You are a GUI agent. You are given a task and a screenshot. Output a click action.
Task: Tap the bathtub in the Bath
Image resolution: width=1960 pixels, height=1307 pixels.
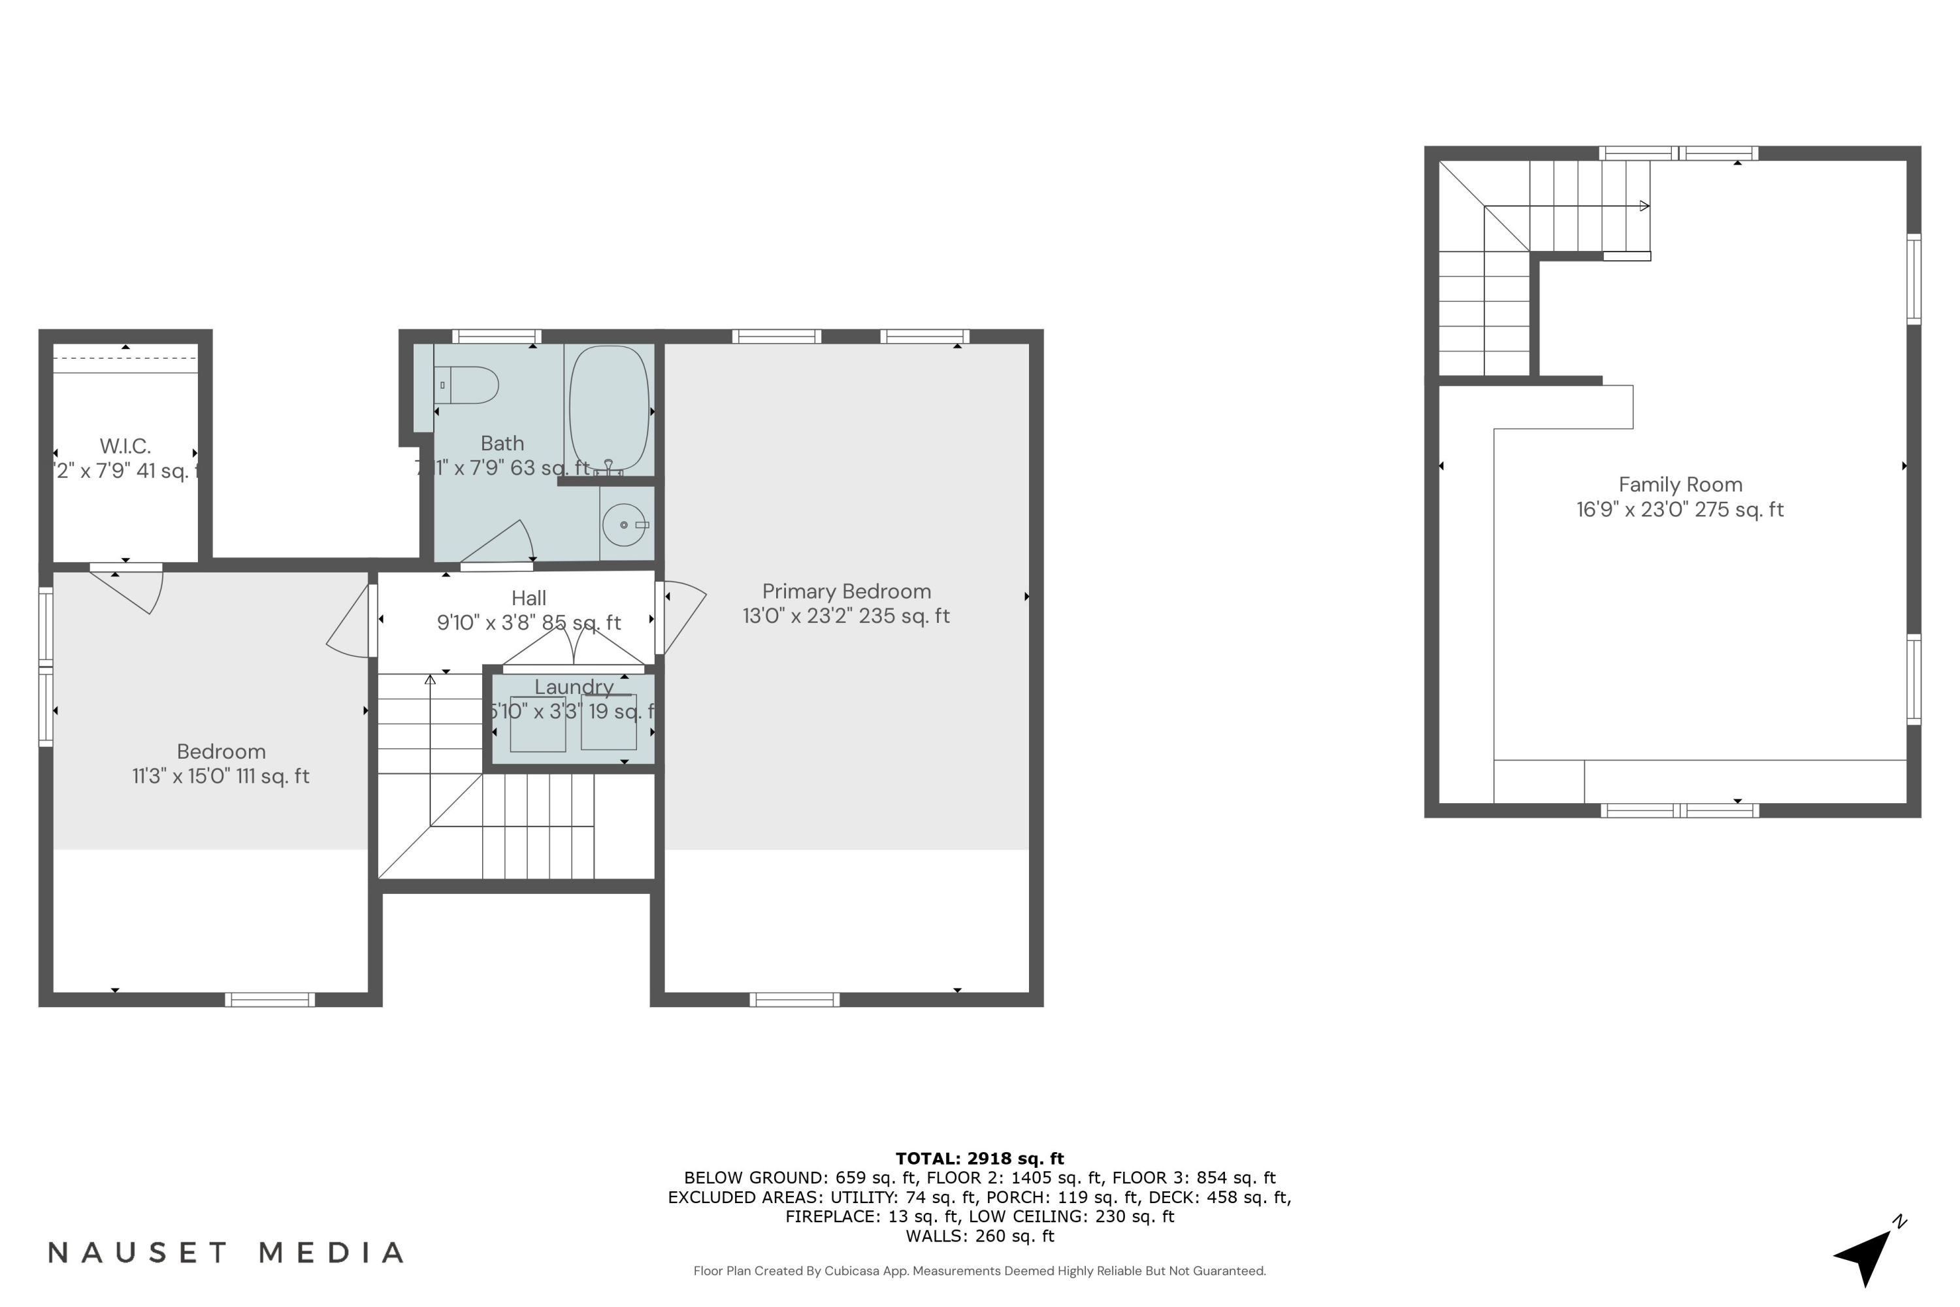[609, 409]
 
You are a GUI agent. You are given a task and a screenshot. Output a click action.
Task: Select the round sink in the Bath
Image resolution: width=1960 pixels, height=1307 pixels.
[623, 524]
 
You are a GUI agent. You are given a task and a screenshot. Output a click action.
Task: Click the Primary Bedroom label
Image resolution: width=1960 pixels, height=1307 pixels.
[846, 592]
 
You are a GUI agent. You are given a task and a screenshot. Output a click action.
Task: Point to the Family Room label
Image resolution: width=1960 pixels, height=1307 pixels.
[1680, 485]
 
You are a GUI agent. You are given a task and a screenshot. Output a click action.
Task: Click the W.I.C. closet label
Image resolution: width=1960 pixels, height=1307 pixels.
[125, 446]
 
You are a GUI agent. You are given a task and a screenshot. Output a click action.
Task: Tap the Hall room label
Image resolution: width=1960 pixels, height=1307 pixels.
[529, 599]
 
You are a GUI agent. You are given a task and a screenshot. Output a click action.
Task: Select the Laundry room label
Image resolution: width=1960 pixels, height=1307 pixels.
[574, 687]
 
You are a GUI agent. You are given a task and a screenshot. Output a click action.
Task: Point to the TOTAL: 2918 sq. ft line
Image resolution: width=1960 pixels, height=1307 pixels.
[979, 1159]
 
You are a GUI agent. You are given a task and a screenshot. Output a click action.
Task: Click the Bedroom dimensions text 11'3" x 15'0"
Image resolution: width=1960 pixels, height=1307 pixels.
[221, 777]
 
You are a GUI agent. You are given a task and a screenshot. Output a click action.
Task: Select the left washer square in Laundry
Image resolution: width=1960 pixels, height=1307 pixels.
[538, 724]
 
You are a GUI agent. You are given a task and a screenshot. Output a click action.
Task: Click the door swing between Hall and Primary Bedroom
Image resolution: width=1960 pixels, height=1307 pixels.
[681, 615]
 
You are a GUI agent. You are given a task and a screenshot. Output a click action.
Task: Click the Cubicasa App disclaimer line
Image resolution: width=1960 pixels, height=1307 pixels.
[979, 1271]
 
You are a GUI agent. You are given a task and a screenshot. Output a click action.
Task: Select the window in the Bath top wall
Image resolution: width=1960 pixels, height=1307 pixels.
[497, 337]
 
